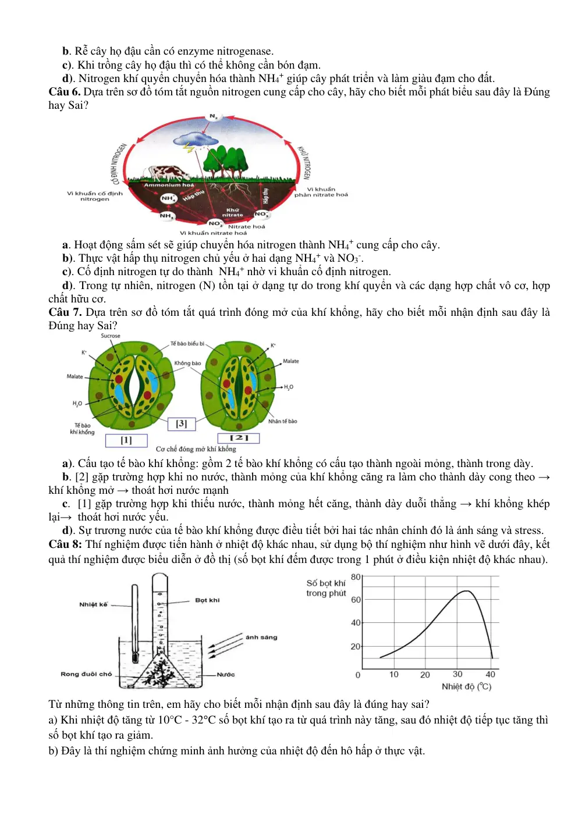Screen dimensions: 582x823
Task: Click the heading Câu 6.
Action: (65, 92)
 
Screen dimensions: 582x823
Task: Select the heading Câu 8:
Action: (65, 544)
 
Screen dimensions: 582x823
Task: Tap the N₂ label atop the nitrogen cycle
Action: (214, 116)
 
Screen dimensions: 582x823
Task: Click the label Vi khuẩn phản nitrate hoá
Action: (321, 192)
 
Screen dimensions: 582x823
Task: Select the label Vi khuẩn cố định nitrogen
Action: (95, 196)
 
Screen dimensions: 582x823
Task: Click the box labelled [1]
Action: (126, 440)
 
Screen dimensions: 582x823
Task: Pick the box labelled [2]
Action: (239, 438)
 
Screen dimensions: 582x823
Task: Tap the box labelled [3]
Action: (181, 423)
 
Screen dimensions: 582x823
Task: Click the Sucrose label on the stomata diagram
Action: (111, 336)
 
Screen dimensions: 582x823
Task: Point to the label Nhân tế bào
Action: (282, 421)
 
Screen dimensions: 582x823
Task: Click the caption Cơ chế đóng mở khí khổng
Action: (196, 448)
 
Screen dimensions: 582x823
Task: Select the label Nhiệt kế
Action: (93, 604)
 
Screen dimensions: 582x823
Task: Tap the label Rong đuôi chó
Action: (86, 674)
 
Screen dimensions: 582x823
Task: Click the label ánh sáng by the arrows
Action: (261, 637)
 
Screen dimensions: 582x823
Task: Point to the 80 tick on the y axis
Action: (356, 577)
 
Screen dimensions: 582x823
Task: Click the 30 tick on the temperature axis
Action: (457, 674)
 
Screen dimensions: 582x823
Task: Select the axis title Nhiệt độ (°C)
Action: (467, 686)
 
